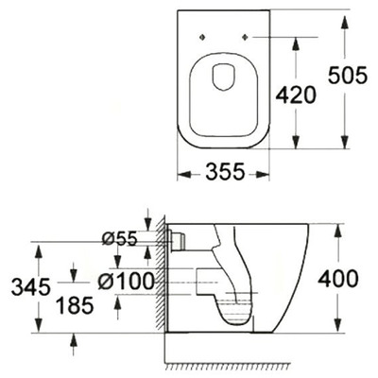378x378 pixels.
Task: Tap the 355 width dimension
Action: point(224,172)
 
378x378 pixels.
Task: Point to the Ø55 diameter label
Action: point(120,240)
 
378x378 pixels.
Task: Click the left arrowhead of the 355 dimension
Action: point(182,173)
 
